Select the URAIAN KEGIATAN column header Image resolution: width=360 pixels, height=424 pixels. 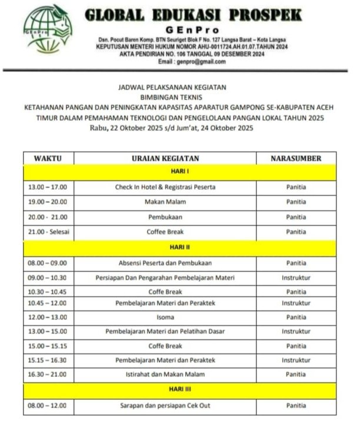[x=165, y=158]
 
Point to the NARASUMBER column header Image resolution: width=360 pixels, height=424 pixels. [x=296, y=158]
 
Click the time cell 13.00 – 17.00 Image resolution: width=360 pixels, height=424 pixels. [x=48, y=187]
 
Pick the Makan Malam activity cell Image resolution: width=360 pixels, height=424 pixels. [x=165, y=202]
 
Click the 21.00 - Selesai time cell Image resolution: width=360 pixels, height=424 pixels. [x=49, y=232]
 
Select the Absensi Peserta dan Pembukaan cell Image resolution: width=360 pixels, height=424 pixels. [x=165, y=263]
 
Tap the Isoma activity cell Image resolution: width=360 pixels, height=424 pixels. [x=165, y=317]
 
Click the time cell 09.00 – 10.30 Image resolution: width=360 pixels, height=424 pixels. [x=48, y=277]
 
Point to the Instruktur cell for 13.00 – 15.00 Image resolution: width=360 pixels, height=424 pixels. [x=296, y=332]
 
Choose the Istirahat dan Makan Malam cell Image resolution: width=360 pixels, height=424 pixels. [x=165, y=375]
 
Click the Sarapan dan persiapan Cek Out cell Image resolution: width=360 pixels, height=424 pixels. [x=165, y=405]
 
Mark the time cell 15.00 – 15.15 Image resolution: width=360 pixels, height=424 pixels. [x=48, y=346]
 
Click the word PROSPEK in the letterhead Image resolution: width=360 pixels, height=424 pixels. [x=263, y=15]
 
